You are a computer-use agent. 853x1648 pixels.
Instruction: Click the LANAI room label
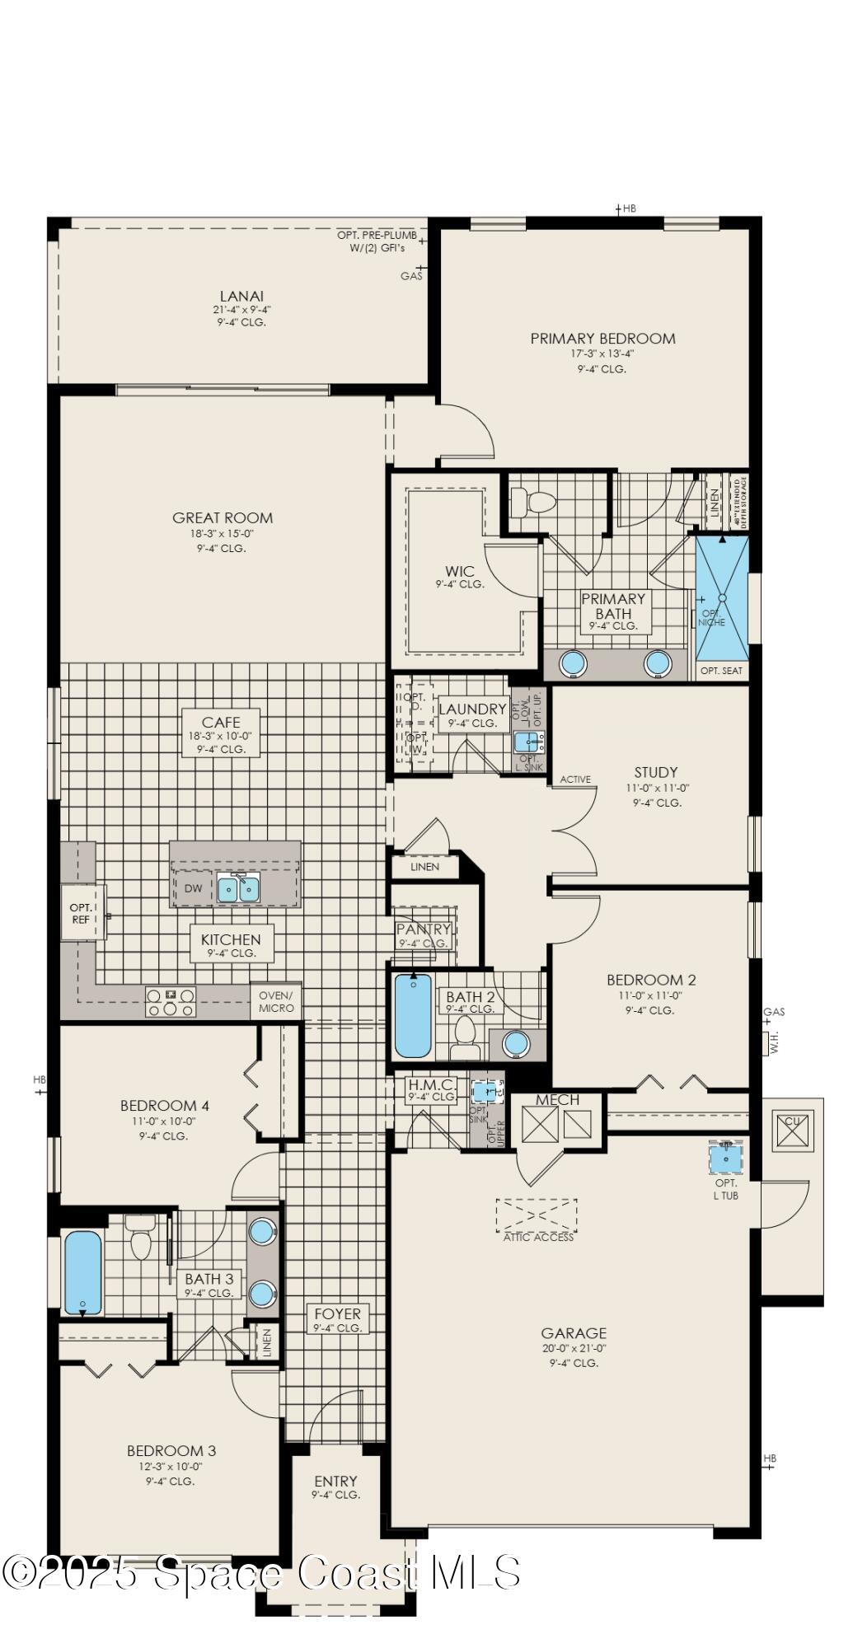pos(241,296)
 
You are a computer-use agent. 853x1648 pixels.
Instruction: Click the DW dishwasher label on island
pos(193,888)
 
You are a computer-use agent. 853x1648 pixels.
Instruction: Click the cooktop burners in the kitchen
pos(171,1001)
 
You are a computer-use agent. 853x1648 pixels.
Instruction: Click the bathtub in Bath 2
pos(412,1015)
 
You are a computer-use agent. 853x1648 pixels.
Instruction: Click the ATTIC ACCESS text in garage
pos(537,1237)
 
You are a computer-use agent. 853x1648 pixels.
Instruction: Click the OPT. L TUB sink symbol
pos(726,1157)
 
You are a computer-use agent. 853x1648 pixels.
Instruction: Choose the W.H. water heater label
pos(774,1044)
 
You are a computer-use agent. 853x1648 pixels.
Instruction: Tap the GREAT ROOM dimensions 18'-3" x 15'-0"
pos(222,533)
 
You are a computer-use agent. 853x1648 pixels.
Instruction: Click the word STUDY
pos(656,772)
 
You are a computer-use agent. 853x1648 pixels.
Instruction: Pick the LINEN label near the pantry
pos(424,866)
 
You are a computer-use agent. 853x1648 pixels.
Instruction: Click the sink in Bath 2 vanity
pos(516,1043)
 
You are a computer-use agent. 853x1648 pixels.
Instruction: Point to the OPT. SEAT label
pos(721,671)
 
